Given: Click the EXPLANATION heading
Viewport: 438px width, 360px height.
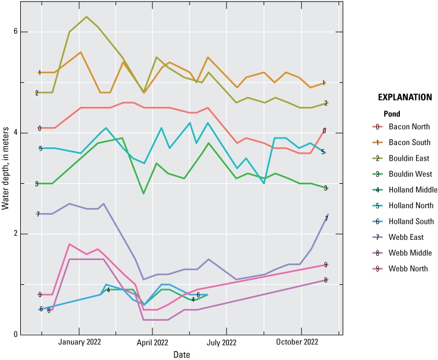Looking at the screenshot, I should (x=403, y=97).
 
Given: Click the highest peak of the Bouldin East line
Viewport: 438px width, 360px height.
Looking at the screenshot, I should (x=87, y=17).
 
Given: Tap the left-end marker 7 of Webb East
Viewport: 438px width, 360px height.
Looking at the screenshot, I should (x=38, y=214).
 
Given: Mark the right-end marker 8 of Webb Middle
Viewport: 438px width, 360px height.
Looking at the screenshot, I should (x=325, y=280).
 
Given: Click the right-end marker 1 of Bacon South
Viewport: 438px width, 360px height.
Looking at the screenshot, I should (x=324, y=83).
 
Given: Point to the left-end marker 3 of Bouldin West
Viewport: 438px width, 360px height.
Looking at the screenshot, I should (x=36, y=184).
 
